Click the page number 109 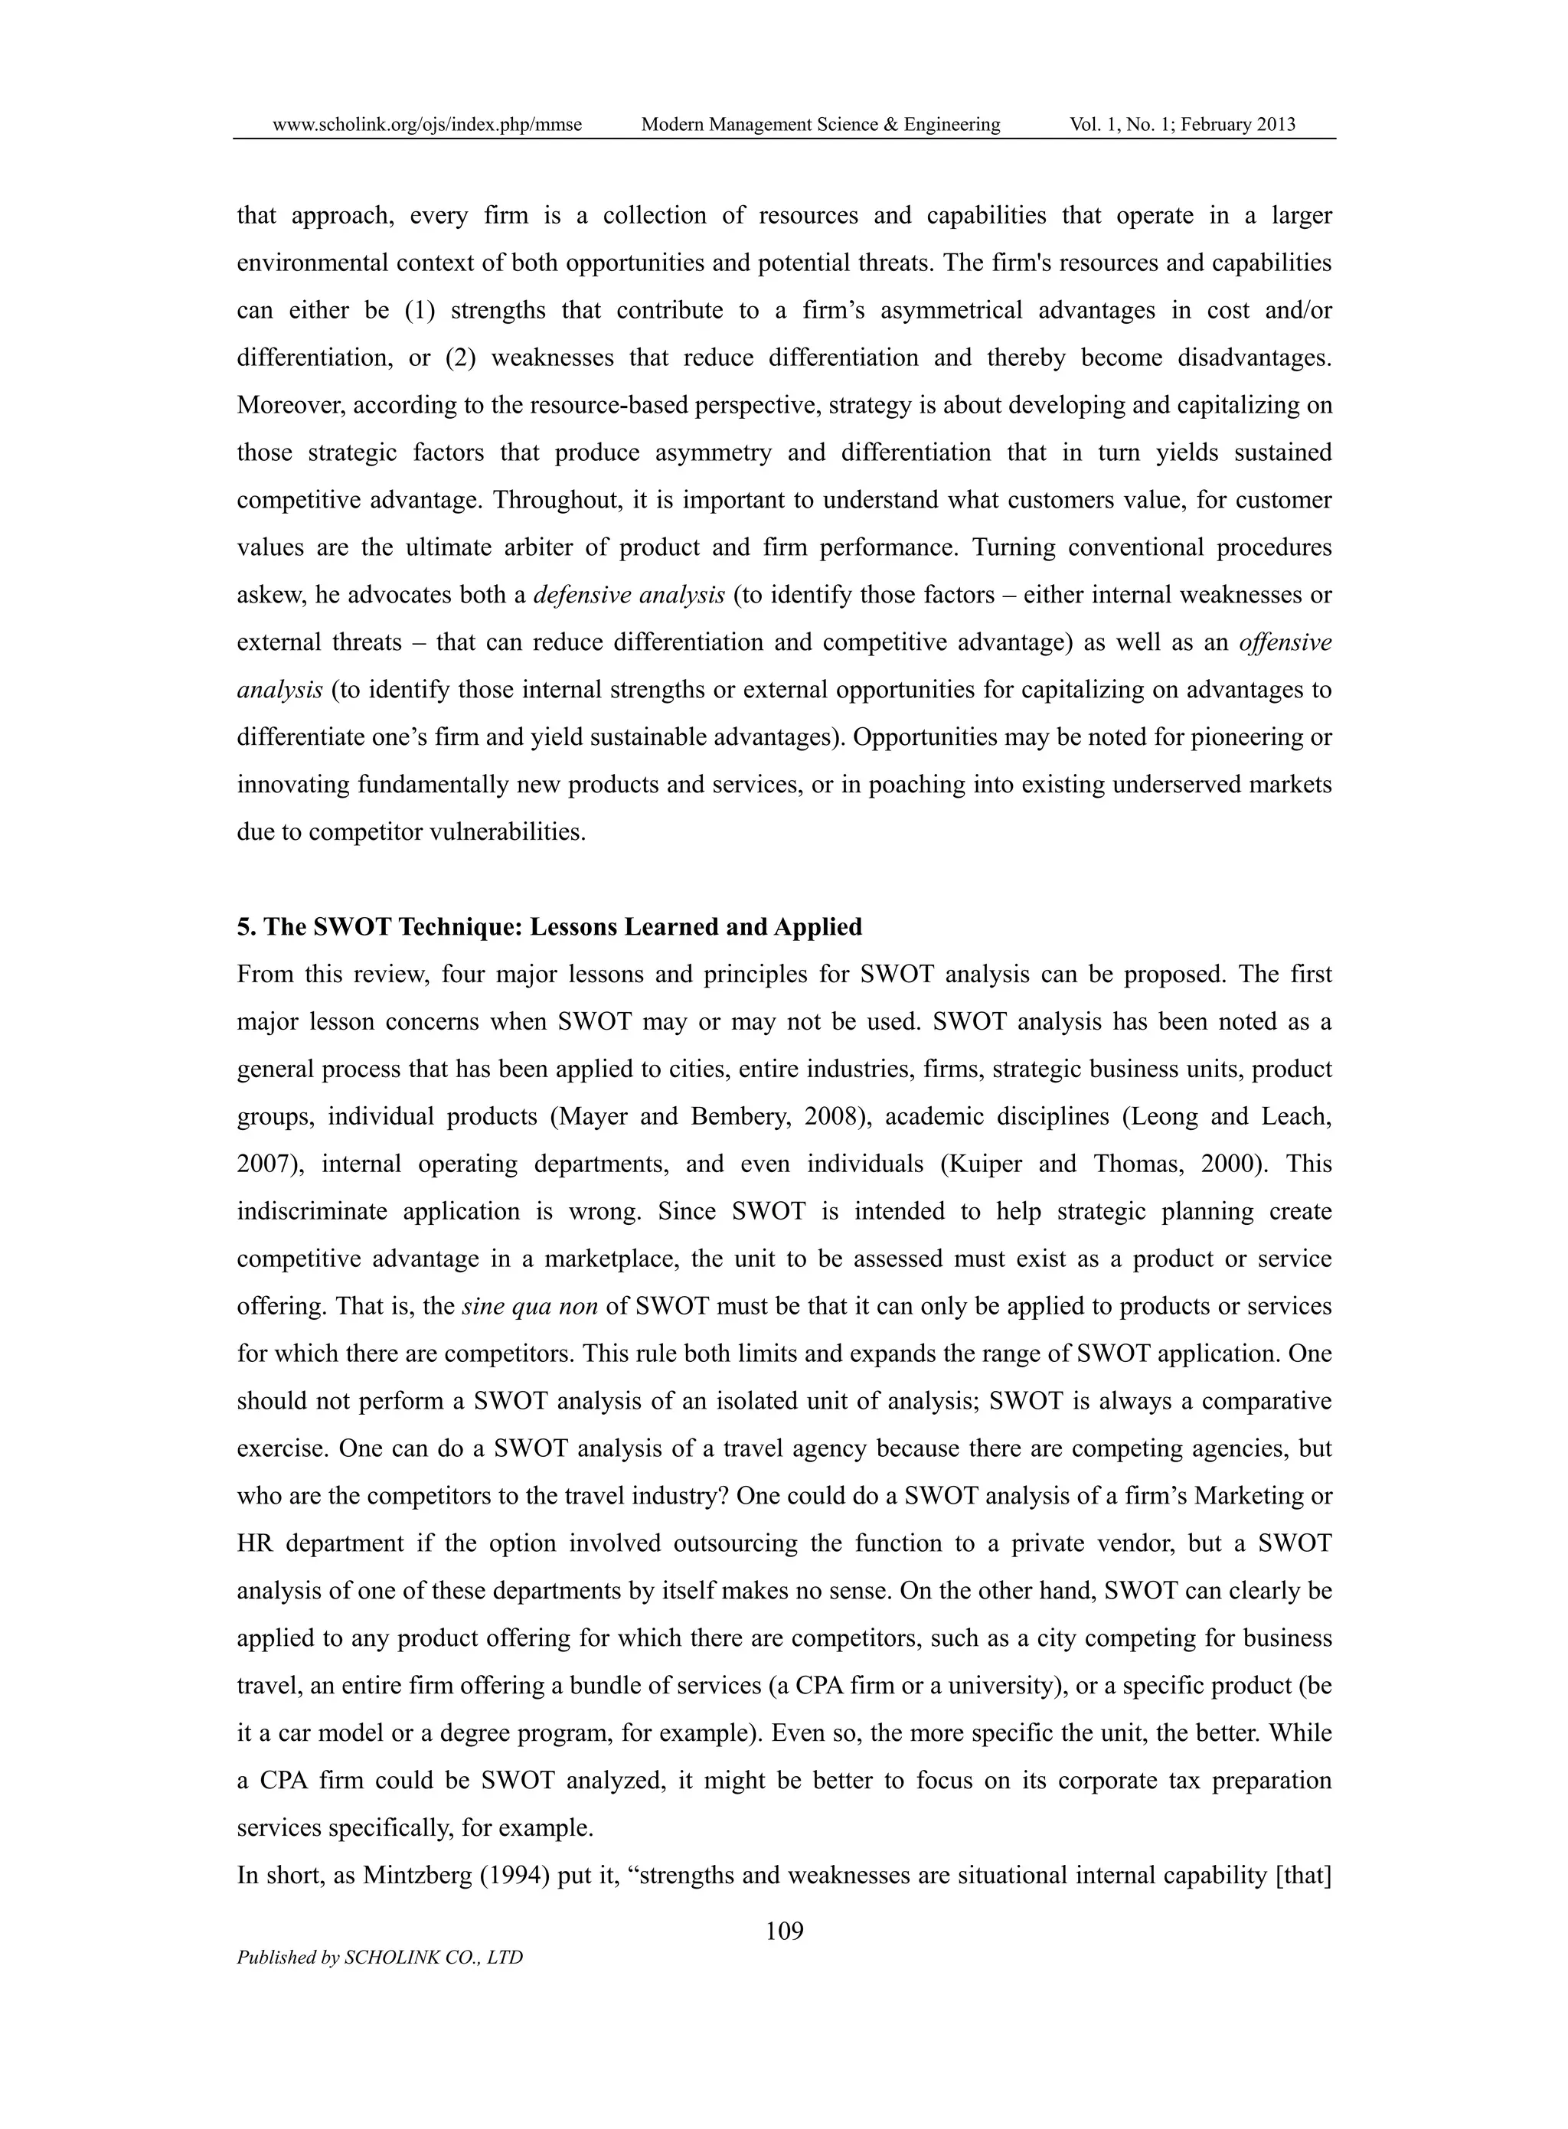pyautogui.click(x=784, y=1931)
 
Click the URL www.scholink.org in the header pyautogui.click(x=426, y=124)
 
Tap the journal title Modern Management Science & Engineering pyautogui.click(x=820, y=124)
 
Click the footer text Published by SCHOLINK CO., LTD pyautogui.click(x=380, y=1958)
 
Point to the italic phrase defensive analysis pyautogui.click(x=629, y=595)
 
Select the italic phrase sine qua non pyautogui.click(x=530, y=1307)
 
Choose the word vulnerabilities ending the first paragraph pyautogui.click(x=507, y=832)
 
